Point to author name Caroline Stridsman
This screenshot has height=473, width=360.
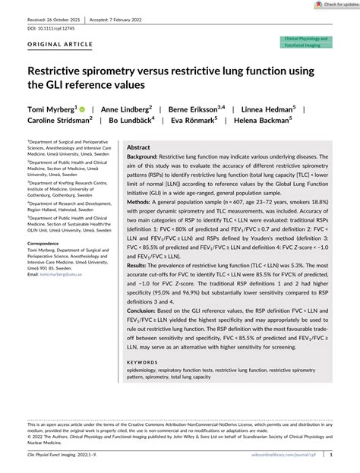(61, 120)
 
